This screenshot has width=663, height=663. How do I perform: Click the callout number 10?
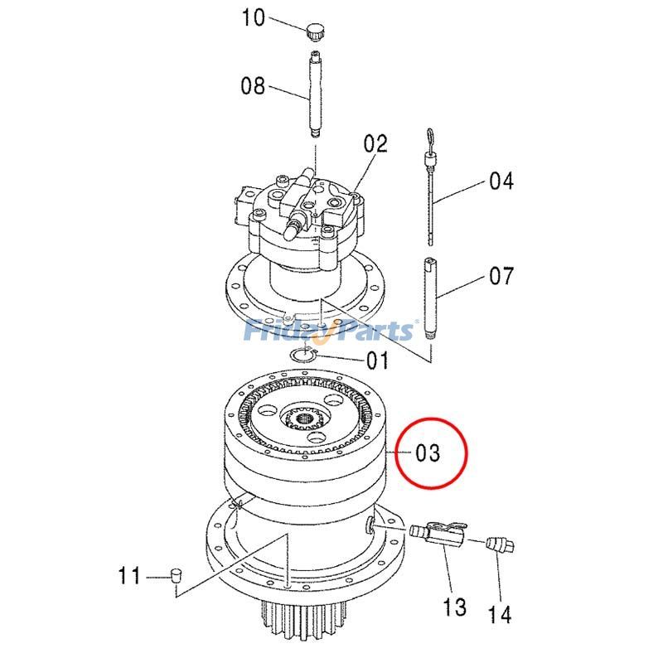(253, 17)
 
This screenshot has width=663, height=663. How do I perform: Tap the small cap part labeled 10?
(314, 32)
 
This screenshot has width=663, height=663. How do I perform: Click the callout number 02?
(375, 144)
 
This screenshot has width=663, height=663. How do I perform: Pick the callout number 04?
(501, 181)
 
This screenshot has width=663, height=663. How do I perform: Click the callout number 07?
(501, 276)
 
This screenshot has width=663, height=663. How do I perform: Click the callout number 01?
(377, 361)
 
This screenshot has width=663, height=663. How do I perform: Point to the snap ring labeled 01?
(306, 355)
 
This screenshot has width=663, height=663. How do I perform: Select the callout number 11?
(128, 575)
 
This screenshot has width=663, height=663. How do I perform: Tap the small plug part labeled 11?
(175, 574)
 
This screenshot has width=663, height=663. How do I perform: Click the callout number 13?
(455, 607)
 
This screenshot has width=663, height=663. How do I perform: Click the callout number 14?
(499, 614)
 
